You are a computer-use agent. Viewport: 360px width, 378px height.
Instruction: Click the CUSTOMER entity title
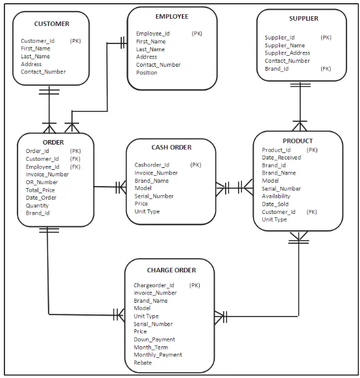click(x=51, y=24)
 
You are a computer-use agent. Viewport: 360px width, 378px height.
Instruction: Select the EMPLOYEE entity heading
click(x=172, y=16)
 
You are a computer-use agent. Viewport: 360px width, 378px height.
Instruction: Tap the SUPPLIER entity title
click(x=304, y=19)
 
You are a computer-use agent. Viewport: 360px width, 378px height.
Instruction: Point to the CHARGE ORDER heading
click(x=171, y=270)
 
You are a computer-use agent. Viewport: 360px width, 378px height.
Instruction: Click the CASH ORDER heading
click(x=171, y=148)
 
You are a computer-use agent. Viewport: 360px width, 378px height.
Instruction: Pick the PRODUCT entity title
click(x=298, y=141)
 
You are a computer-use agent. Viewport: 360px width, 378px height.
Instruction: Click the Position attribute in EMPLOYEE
click(x=147, y=73)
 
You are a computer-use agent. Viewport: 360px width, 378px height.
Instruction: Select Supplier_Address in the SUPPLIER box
click(x=287, y=53)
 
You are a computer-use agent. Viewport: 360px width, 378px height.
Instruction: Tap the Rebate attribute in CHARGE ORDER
click(x=143, y=362)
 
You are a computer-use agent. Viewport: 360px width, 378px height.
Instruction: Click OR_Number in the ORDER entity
click(x=42, y=182)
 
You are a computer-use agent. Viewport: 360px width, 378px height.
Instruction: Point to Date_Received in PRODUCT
click(x=282, y=158)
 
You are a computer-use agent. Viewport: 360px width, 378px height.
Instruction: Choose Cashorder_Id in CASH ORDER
click(x=152, y=165)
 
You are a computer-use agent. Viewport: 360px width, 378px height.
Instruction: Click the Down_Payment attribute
click(x=154, y=339)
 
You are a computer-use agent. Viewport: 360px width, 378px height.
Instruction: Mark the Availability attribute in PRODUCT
click(x=276, y=196)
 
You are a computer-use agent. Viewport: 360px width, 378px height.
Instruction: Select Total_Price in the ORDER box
click(x=41, y=190)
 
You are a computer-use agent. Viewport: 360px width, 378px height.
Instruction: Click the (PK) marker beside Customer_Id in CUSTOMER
click(x=76, y=41)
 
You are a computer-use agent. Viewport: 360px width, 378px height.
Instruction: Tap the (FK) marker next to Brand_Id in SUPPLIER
click(x=326, y=69)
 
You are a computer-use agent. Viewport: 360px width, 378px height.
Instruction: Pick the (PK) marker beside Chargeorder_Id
click(x=195, y=285)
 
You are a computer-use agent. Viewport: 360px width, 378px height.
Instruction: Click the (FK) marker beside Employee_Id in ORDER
click(x=75, y=167)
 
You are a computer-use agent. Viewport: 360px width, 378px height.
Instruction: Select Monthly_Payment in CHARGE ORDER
click(x=158, y=355)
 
